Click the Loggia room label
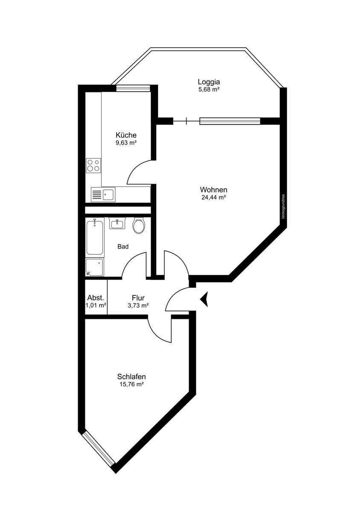[209, 82]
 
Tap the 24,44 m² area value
[213, 197]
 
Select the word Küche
[126, 135]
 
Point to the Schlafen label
[131, 377]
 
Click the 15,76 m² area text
[131, 384]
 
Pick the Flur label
[138, 298]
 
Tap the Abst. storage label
[96, 298]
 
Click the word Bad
[123, 247]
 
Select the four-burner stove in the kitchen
[93, 165]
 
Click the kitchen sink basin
[108, 195]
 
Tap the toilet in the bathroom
[139, 226]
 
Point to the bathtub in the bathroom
[95, 237]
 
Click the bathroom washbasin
[117, 223]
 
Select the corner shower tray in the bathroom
[95, 267]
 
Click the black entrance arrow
[204, 299]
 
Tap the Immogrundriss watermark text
[283, 206]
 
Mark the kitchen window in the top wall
[133, 88]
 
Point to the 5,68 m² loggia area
[209, 89]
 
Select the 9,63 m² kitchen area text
[126, 143]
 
